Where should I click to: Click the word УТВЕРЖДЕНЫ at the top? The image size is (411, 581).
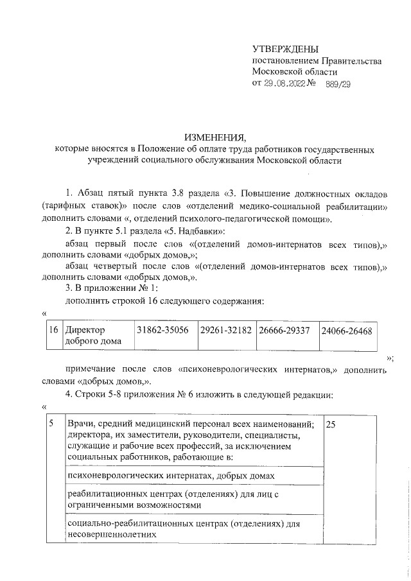285,49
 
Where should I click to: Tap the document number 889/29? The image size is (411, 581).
338,83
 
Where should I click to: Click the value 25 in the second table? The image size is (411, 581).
331,425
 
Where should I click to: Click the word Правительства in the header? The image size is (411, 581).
353,61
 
